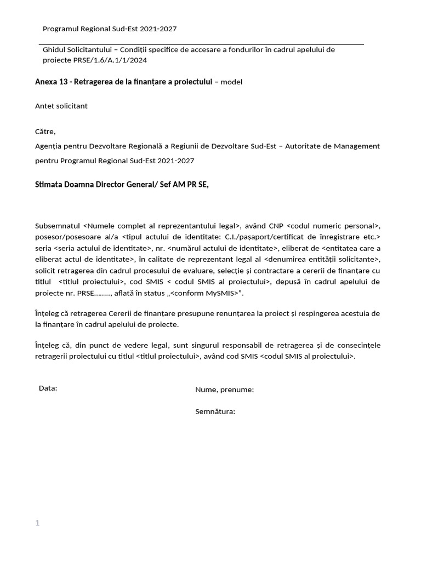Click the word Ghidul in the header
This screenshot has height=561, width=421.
click(x=54, y=49)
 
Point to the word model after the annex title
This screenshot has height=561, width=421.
click(x=231, y=82)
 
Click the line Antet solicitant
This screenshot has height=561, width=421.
click(x=61, y=106)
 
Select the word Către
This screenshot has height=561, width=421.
click(x=45, y=131)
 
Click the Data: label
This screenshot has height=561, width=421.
click(x=48, y=388)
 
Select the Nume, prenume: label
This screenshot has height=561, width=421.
click(x=224, y=390)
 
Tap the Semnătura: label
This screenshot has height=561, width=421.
click(x=215, y=411)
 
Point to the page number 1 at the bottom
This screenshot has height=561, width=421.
click(x=37, y=523)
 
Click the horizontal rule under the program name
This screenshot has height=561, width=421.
click(x=201, y=44)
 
